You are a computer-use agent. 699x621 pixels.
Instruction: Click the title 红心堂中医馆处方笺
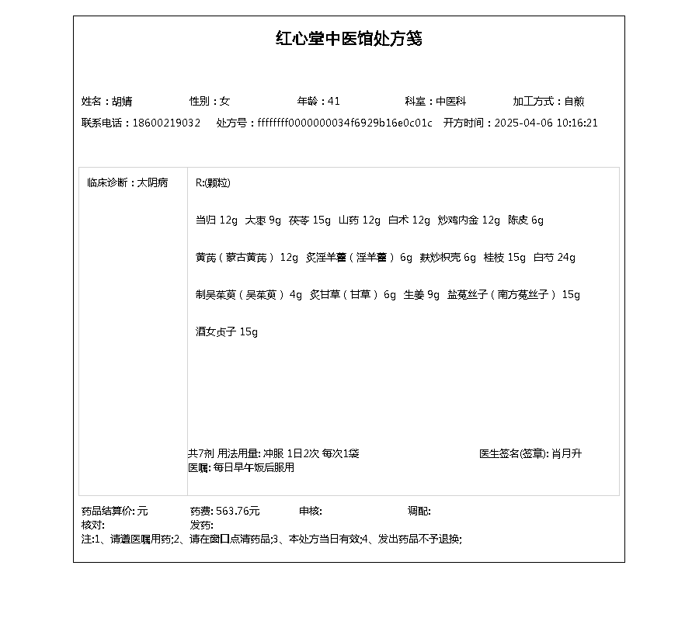(x=349, y=39)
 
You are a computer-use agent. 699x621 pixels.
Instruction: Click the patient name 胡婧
(x=122, y=101)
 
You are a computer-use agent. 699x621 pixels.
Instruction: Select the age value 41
(x=334, y=101)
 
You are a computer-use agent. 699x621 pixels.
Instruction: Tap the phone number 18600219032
(x=166, y=123)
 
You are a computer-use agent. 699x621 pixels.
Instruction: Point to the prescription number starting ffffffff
(x=345, y=123)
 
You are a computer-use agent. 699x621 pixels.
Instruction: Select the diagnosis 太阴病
(x=152, y=183)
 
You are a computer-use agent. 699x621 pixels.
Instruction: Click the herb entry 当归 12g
(x=217, y=220)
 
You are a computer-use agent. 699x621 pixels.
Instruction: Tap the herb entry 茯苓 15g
(x=310, y=220)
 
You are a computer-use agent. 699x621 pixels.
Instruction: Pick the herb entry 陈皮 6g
(x=526, y=220)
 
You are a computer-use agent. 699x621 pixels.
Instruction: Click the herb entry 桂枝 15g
(x=505, y=258)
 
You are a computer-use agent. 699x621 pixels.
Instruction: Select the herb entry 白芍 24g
(x=555, y=258)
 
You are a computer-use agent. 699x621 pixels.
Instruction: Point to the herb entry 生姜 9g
(x=422, y=295)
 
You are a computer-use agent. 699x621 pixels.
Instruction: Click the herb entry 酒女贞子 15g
(x=227, y=332)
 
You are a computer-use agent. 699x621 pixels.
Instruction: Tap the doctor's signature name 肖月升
(x=567, y=453)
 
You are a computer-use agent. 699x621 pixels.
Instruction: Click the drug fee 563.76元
(x=238, y=511)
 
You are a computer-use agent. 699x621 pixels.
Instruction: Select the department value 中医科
(x=450, y=101)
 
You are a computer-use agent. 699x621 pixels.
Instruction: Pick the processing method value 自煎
(x=574, y=101)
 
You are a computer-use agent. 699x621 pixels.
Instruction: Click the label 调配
(x=419, y=511)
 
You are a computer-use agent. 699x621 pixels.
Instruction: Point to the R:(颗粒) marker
(x=213, y=183)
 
